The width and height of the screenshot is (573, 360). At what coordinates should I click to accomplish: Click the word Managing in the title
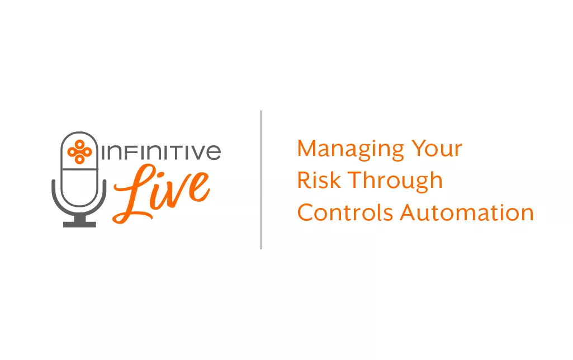(351, 149)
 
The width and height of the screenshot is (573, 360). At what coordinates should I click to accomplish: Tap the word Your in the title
(437, 148)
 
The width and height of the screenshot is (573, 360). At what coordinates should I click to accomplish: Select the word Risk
(319, 180)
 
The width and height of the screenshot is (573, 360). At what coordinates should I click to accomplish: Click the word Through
(395, 181)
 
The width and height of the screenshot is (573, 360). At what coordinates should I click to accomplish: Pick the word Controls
(344, 212)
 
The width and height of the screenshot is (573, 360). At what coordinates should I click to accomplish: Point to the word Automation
(467, 212)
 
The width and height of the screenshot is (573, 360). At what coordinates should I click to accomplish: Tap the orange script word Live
(162, 193)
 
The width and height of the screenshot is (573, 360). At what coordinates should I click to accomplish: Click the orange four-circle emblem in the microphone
(79, 151)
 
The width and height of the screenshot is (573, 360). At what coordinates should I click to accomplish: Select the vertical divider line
(261, 180)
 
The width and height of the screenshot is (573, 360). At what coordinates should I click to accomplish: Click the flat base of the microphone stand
(79, 224)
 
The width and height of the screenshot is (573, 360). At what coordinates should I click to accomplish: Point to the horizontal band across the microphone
(79, 169)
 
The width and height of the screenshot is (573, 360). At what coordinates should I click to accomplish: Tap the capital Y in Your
(419, 148)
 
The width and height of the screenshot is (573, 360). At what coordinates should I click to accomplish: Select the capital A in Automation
(408, 212)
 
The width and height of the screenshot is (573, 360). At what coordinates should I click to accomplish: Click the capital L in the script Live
(135, 194)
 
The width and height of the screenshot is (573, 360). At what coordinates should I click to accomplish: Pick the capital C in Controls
(306, 212)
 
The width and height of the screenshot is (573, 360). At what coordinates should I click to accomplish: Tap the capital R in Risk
(304, 180)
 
